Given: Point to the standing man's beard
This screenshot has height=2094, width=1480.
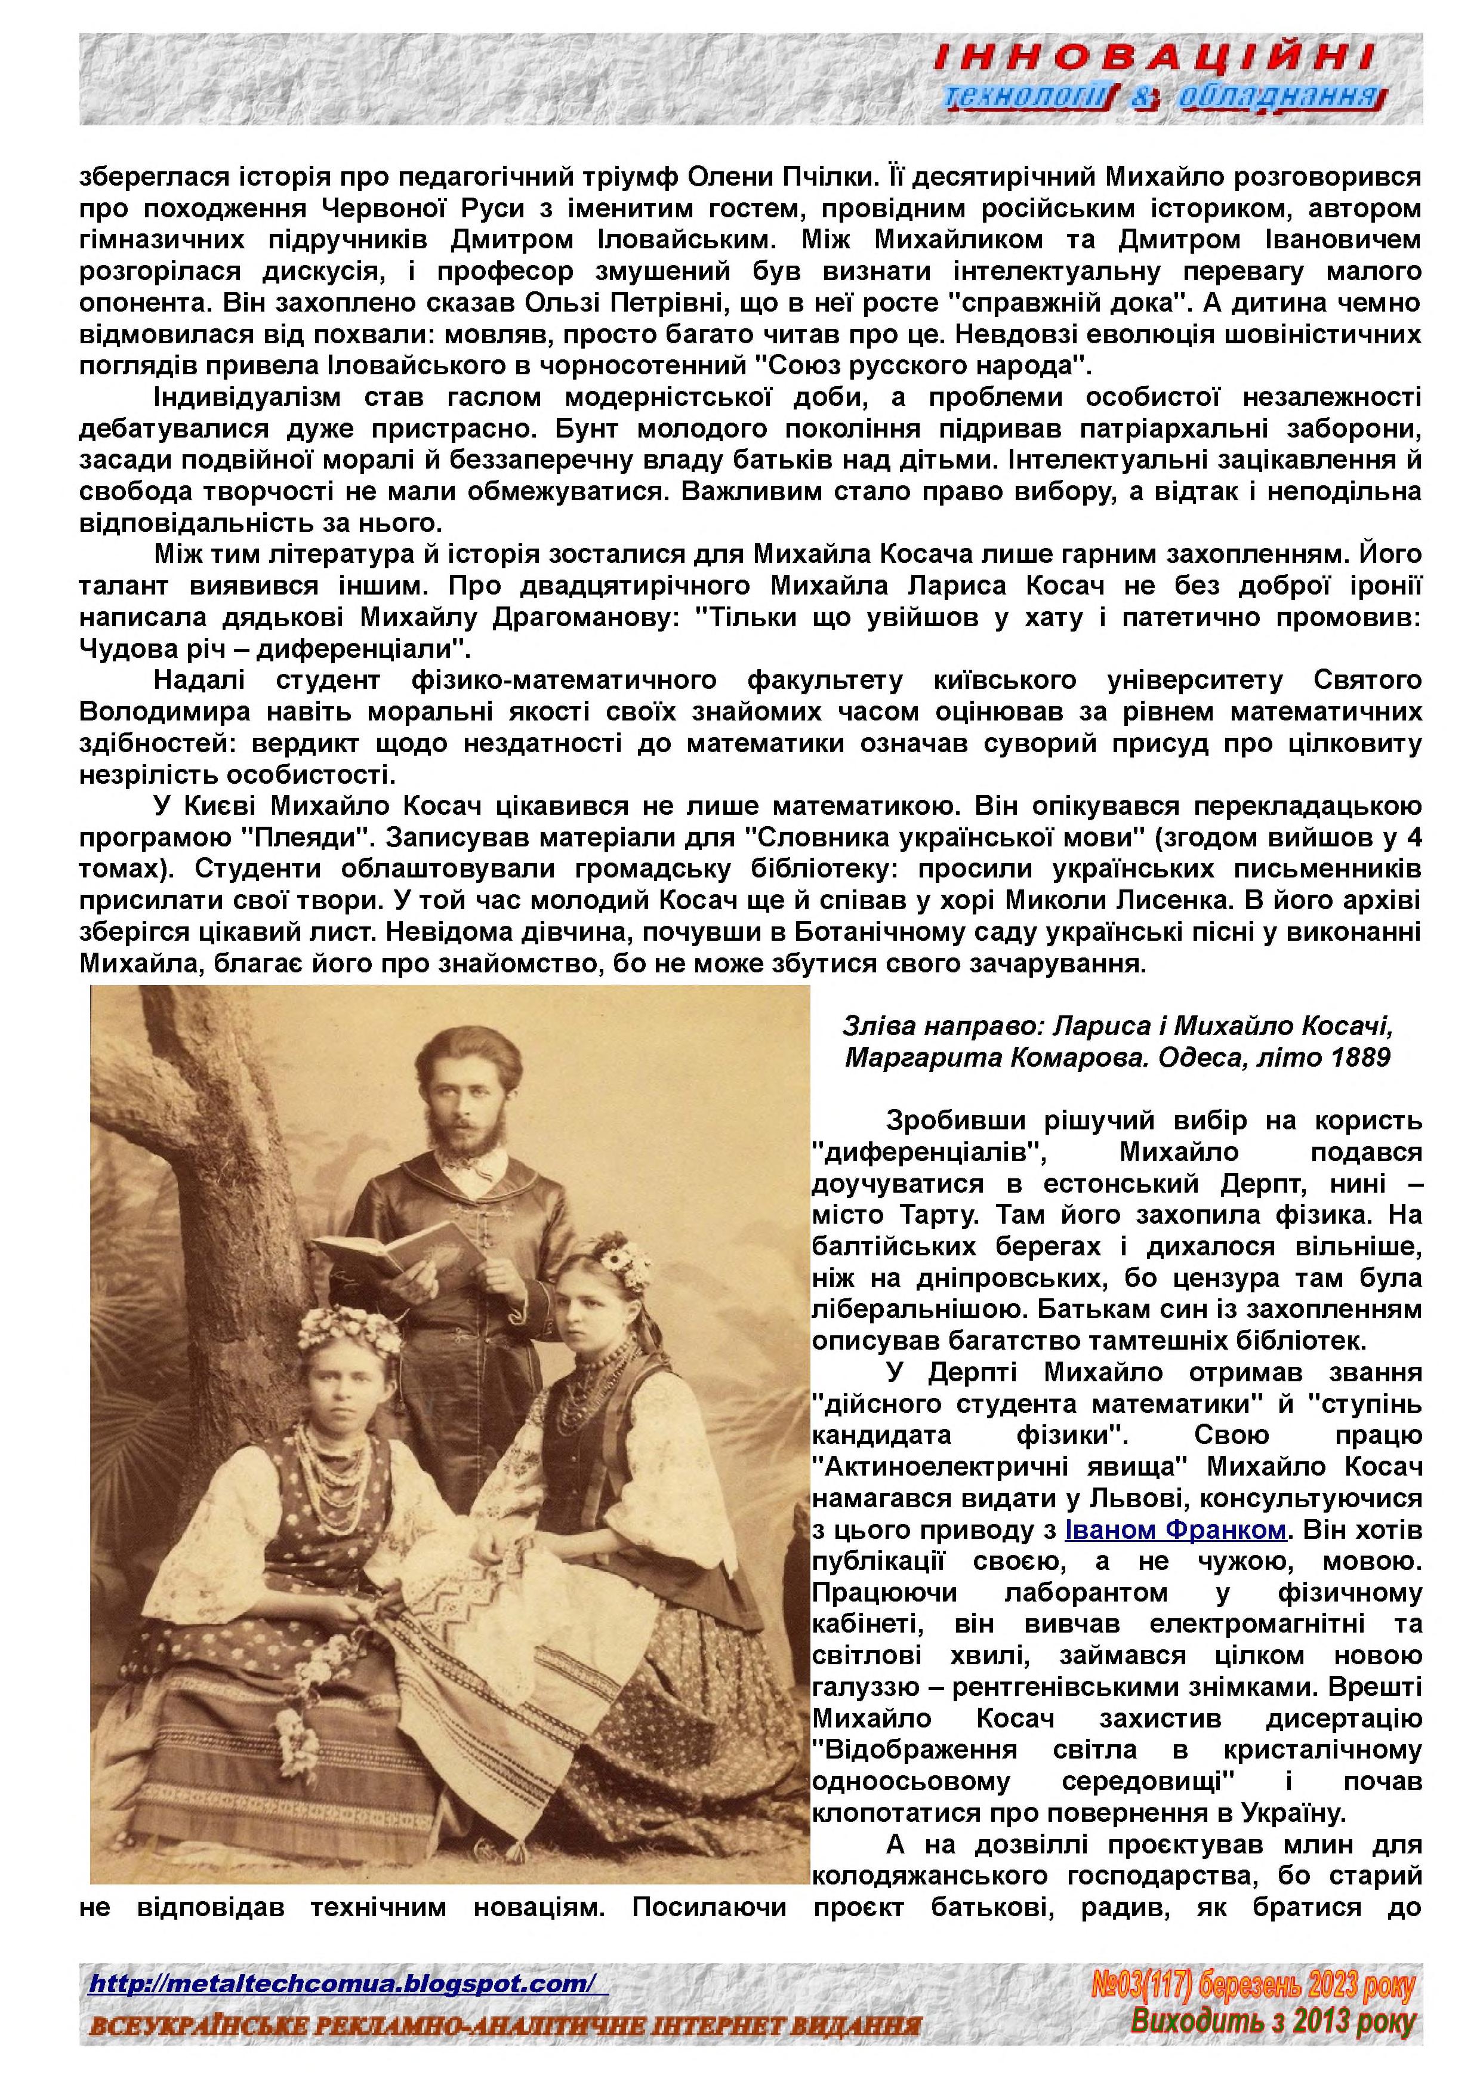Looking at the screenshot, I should [470, 1141].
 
